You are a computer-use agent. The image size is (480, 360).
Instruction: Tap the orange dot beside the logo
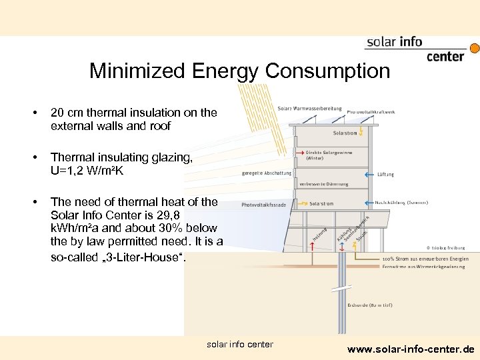pyautogui.click(x=475, y=48)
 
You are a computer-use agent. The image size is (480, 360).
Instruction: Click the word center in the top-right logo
pyautogui.click(x=445, y=57)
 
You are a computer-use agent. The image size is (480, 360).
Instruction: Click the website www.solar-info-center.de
pyautogui.click(x=411, y=349)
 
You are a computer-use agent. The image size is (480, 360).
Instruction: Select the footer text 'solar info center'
pyautogui.click(x=240, y=344)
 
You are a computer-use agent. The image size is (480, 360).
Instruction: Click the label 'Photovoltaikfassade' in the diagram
pyautogui.click(x=264, y=205)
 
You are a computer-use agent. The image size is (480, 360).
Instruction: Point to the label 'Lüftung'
pyautogui.click(x=385, y=174)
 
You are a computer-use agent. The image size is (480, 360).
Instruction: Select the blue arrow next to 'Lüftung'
pyautogui.click(x=369, y=174)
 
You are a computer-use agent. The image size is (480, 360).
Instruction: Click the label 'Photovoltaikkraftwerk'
pyautogui.click(x=371, y=112)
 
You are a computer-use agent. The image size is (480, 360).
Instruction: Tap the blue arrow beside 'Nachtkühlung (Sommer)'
pyautogui.click(x=369, y=202)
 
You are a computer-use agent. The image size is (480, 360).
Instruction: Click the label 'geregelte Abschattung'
pyautogui.click(x=267, y=173)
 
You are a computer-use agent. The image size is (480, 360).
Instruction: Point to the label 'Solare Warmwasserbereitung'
pyautogui.click(x=309, y=108)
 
